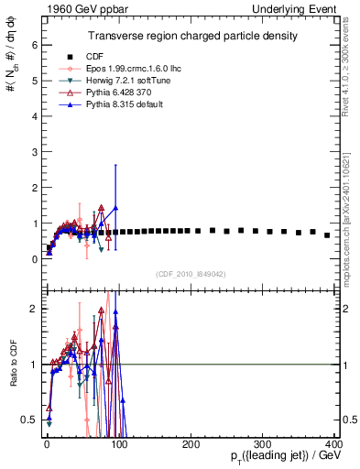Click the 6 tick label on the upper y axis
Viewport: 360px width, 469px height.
pyautogui.click(x=33, y=44)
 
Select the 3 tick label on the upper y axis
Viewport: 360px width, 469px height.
pyautogui.click(x=33, y=151)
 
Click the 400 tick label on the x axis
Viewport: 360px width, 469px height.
pyautogui.click(x=333, y=443)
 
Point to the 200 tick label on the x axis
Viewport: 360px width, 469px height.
pyautogui.click(x=190, y=443)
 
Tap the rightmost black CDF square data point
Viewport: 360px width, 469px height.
pyautogui.click(x=327, y=235)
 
